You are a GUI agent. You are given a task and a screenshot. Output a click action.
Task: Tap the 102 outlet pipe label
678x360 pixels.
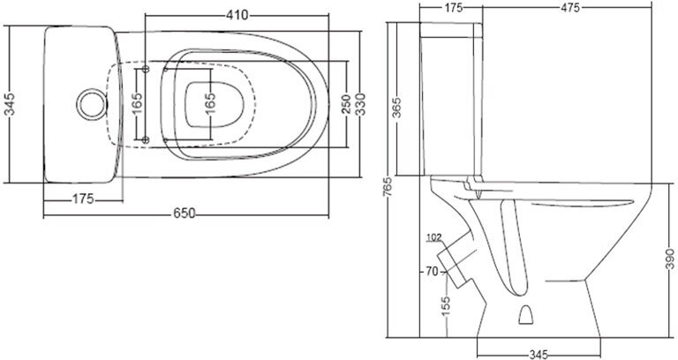(x=433, y=237)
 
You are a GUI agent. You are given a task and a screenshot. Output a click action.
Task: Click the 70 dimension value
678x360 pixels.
(x=432, y=271)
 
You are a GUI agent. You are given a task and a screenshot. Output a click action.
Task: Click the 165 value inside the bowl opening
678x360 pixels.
(x=210, y=102)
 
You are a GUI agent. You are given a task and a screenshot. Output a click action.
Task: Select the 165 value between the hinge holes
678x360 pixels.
(x=137, y=102)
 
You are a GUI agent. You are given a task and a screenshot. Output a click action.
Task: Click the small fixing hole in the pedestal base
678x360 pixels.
(x=528, y=314)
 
